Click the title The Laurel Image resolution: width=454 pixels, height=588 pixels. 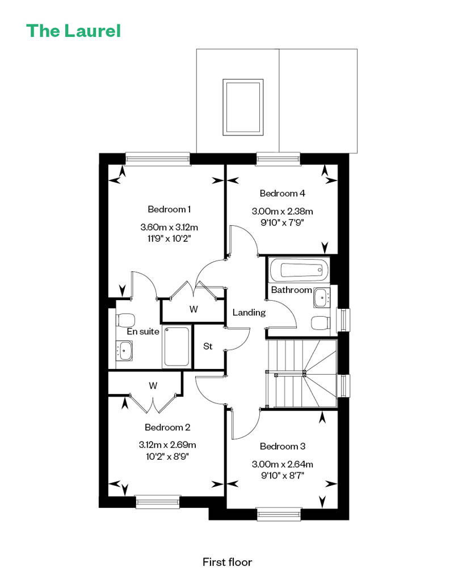[x=73, y=31]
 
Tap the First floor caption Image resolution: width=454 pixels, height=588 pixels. [x=227, y=562]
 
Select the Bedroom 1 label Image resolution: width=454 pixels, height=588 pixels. [x=169, y=209]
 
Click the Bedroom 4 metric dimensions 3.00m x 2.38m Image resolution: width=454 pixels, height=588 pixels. [x=282, y=212]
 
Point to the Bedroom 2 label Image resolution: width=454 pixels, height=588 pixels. [x=167, y=427]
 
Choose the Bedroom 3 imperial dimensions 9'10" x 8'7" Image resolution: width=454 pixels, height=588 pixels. [x=282, y=476]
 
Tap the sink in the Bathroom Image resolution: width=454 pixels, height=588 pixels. [x=322, y=298]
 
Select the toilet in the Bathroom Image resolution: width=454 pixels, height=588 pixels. [x=321, y=322]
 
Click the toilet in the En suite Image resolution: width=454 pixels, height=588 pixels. [x=125, y=320]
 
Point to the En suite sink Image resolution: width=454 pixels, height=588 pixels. [x=124, y=351]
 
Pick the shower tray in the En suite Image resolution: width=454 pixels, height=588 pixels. [x=176, y=346]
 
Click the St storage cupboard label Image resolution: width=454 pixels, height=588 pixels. [x=208, y=346]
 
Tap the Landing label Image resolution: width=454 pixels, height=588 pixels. [x=249, y=312]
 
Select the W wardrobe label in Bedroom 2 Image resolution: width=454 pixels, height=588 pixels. [x=153, y=385]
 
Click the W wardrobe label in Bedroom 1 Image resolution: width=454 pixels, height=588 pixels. [x=194, y=309]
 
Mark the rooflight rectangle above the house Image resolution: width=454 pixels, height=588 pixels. [x=243, y=107]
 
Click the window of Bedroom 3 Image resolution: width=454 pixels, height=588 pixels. [x=279, y=514]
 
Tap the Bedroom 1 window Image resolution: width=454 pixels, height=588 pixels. [x=158, y=158]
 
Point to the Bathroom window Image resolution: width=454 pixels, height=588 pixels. [x=343, y=320]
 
